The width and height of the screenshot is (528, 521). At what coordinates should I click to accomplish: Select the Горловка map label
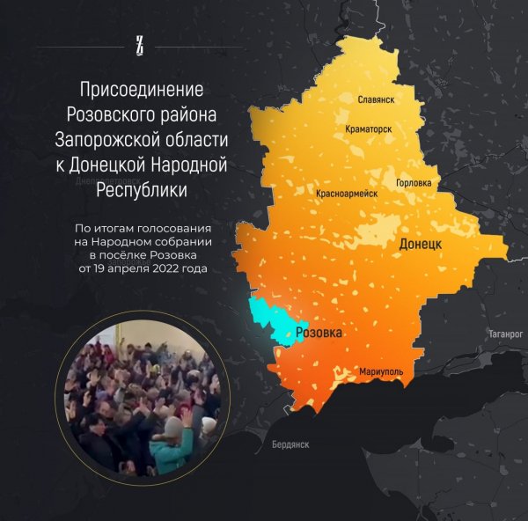[414, 183]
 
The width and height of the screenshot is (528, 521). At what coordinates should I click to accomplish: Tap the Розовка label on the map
[319, 334]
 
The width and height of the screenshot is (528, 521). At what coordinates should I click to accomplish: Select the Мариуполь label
[381, 372]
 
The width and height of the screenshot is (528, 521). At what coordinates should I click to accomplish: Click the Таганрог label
[505, 334]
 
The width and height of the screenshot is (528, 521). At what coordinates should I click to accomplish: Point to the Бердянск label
[290, 444]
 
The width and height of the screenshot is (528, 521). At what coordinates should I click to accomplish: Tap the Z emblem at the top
[139, 43]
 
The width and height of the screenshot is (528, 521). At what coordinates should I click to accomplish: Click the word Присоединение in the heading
[142, 90]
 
